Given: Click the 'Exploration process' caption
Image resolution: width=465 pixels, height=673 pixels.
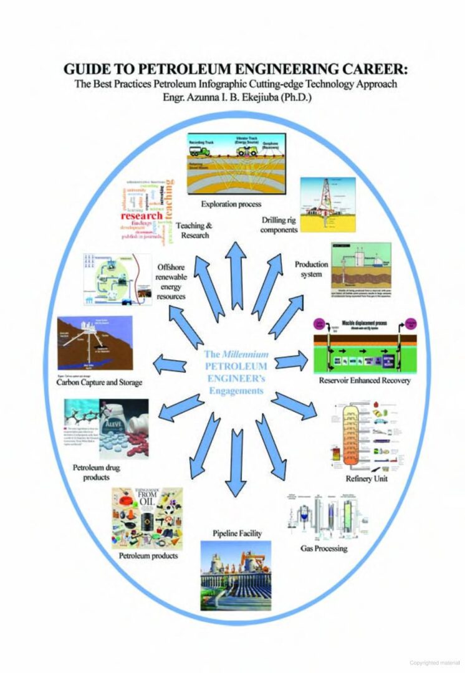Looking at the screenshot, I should pos(231,204).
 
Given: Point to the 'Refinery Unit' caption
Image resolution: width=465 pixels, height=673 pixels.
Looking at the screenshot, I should pos(366,479).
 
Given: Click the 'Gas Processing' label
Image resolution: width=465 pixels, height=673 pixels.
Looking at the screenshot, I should pos(324,548).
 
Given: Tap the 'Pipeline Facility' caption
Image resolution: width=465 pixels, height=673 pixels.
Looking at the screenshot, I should pos(237,533).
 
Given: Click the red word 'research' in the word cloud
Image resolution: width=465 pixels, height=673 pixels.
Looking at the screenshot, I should pos(141,216).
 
